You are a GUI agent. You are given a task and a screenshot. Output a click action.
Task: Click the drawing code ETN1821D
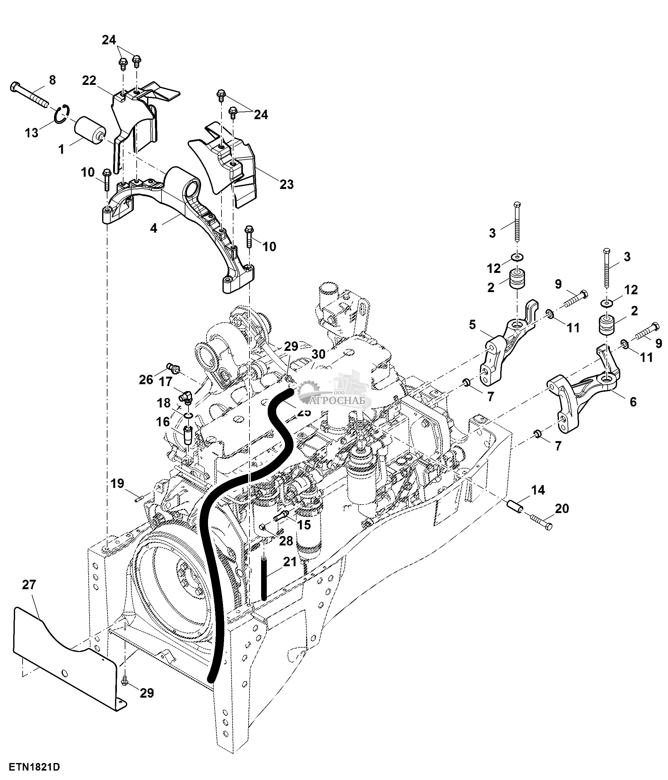pos(35,767)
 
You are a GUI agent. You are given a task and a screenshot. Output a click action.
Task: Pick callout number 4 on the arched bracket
pos(153,228)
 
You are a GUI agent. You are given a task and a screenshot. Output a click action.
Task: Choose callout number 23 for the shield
pos(287,184)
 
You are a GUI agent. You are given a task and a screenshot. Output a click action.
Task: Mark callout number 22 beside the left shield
pos(89,80)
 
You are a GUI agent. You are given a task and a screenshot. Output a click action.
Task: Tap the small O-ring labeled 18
pos(189,415)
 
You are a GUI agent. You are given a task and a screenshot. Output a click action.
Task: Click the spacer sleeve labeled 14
pos(515,508)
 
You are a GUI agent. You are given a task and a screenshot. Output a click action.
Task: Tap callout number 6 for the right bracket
pos(633,402)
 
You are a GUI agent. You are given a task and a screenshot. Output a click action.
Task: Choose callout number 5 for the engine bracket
pos(473,324)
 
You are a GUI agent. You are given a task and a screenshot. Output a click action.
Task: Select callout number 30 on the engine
pos(318,354)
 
